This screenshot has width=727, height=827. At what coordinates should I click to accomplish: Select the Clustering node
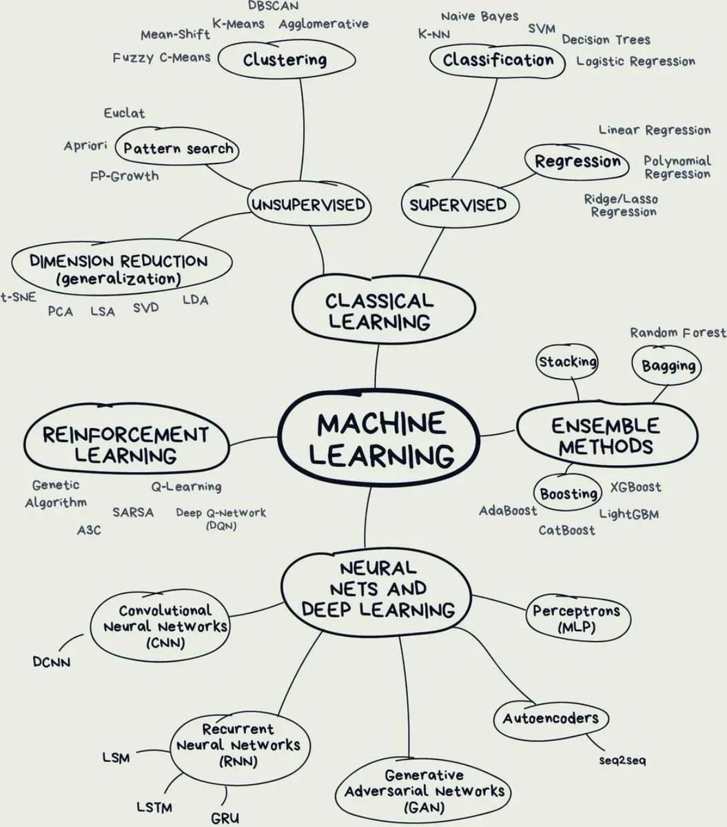tap(285, 59)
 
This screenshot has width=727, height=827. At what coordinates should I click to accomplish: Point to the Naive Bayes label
tap(479, 16)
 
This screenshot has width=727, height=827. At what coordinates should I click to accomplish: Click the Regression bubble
tap(577, 162)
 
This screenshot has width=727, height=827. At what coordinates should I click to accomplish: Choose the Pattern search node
tap(178, 147)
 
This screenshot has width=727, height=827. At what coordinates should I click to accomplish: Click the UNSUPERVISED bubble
tap(307, 205)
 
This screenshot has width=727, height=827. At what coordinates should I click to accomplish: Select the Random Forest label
tap(678, 333)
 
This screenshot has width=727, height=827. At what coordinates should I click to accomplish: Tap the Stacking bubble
tap(567, 362)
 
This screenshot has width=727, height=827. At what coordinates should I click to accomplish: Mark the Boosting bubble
tap(569, 493)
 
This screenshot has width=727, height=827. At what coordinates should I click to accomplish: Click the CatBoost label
tap(566, 530)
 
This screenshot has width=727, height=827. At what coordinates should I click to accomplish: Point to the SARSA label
tap(133, 512)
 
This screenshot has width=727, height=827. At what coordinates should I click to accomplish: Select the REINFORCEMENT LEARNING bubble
tap(125, 445)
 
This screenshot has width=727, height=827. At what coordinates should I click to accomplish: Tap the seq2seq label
tap(622, 761)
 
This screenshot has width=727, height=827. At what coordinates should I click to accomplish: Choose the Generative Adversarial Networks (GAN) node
tap(424, 790)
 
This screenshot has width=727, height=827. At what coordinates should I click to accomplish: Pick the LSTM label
tap(154, 806)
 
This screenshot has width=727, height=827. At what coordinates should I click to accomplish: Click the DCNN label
tap(51, 662)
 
